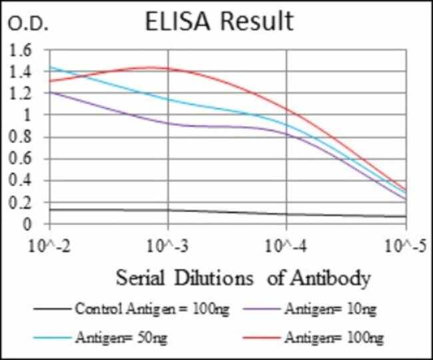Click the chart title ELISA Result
[218, 21]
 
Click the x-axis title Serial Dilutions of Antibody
[242, 277]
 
